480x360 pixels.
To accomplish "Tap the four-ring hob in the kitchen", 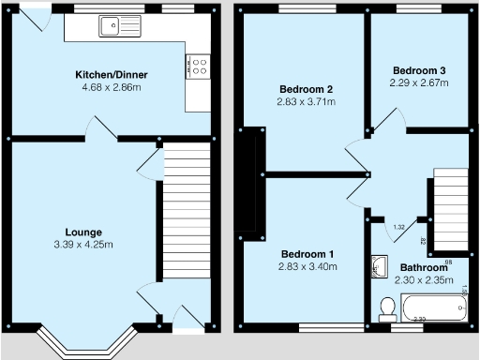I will [198, 67].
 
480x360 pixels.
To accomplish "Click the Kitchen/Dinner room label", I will [112, 74].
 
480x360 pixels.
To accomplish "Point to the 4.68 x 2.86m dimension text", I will [112, 87].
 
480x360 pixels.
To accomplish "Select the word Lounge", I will [83, 232].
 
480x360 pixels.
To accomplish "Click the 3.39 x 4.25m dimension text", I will [83, 246].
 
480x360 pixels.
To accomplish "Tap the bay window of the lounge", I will [83, 344].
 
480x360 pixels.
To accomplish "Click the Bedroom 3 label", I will [419, 70].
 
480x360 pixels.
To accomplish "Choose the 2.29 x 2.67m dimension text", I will [419, 83].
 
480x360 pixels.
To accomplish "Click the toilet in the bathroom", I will [386, 309].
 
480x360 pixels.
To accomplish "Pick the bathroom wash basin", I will [379, 268].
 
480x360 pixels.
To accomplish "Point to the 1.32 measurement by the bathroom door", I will [398, 228].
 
